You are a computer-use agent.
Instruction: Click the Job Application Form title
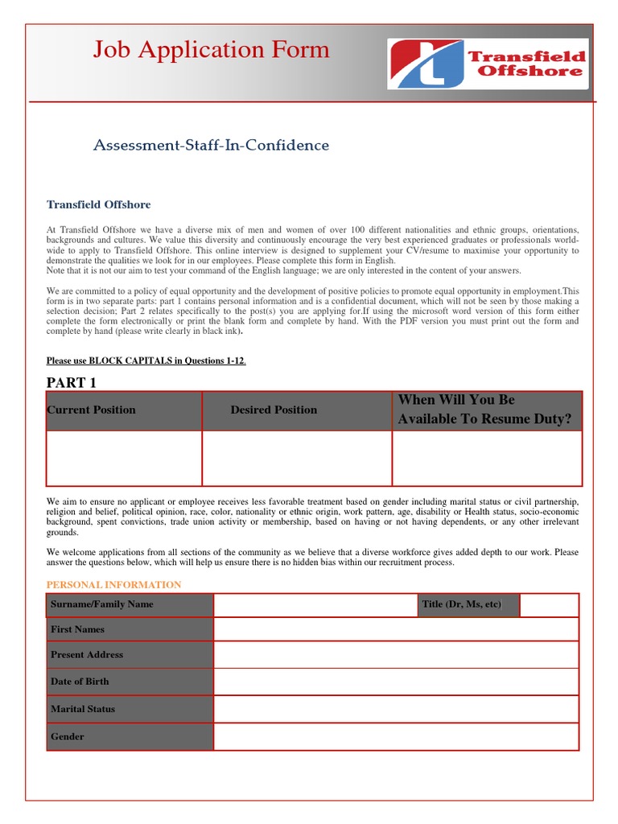211,50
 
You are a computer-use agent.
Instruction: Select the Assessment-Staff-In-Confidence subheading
211,146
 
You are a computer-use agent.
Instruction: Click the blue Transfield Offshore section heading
98,205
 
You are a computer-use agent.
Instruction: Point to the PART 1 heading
72,382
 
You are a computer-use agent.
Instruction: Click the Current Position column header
92,410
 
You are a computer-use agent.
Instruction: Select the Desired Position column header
274,410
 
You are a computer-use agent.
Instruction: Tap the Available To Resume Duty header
486,410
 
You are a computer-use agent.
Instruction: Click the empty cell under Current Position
124,458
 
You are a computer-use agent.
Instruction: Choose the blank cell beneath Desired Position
296,458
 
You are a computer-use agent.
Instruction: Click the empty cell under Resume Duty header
486,458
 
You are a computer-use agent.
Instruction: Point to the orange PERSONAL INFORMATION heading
113,585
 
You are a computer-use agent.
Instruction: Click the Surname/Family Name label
102,604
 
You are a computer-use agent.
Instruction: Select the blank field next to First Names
395,629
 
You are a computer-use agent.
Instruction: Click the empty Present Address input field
395,655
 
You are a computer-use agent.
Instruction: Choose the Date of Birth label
80,682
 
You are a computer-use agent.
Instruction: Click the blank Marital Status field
395,709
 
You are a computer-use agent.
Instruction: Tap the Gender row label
68,736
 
